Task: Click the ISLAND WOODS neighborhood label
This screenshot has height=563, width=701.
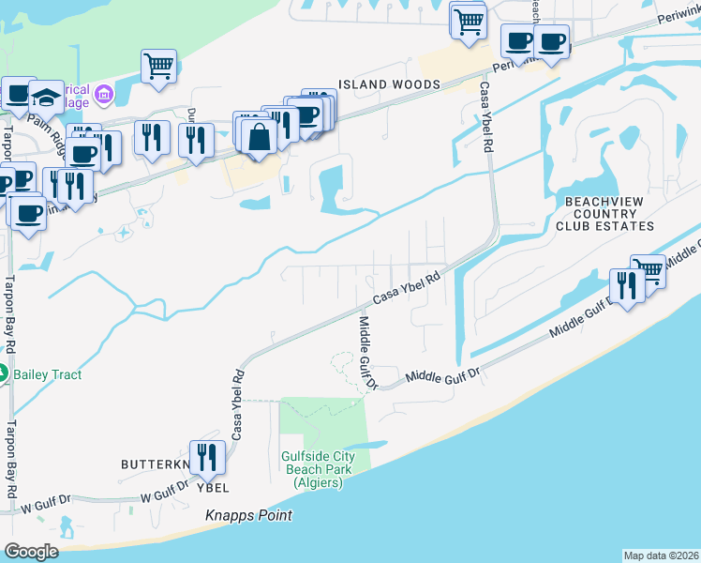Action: pos(389,84)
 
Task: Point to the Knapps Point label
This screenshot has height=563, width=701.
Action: pos(249,515)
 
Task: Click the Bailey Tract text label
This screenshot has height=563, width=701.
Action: pos(48,374)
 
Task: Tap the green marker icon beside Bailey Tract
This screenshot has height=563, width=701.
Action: pos(4,373)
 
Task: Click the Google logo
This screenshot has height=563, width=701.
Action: pos(31,552)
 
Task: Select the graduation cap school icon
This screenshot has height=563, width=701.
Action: pos(46,96)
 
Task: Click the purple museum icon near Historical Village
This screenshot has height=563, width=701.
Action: pos(103,96)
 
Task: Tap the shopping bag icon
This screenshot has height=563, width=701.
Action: pos(258,137)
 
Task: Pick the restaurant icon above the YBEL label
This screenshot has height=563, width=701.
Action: pos(207,457)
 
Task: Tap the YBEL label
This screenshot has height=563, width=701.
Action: pos(214,488)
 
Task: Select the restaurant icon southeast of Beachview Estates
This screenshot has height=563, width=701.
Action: pos(626,284)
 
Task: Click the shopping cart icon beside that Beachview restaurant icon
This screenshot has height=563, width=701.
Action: pos(648,270)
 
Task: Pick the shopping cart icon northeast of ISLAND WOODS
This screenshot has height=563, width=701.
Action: pos(468,20)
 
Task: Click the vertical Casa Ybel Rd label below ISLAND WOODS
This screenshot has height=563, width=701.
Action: pos(485,117)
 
